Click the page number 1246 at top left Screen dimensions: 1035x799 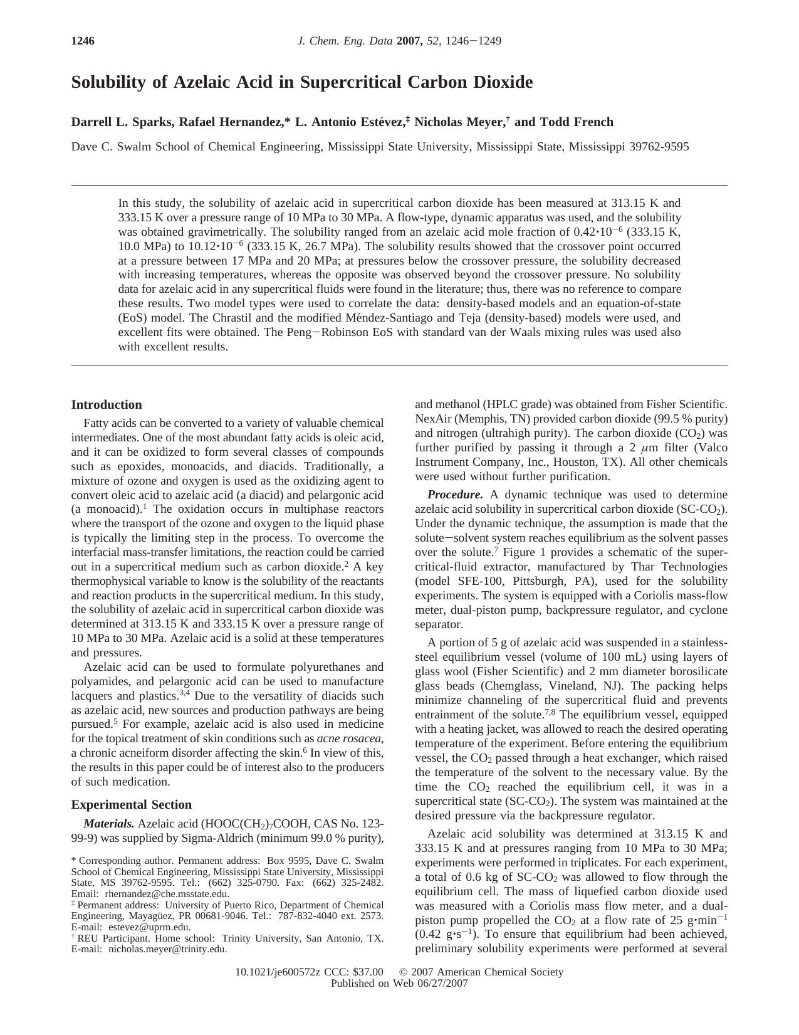click(x=83, y=41)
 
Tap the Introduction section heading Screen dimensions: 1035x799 click(x=107, y=405)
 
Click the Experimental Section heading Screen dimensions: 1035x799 click(x=132, y=805)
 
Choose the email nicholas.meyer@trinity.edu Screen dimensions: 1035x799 click(x=168, y=949)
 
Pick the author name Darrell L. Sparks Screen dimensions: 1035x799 click(x=122, y=122)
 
